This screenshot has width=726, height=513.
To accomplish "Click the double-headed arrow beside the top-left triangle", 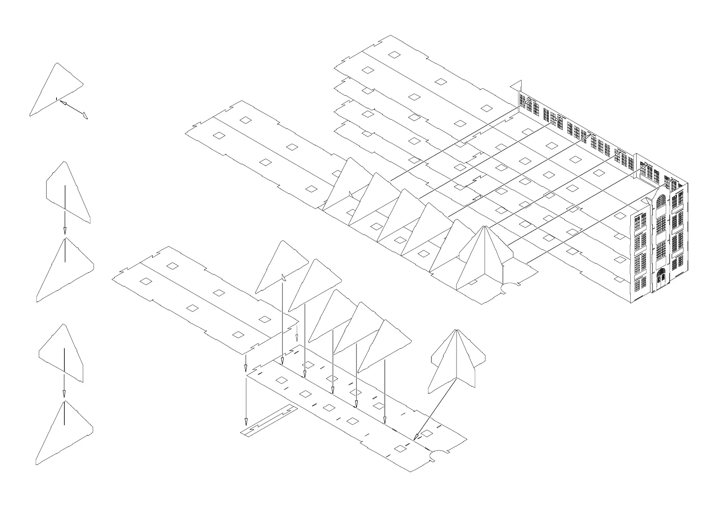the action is pyautogui.click(x=74, y=109).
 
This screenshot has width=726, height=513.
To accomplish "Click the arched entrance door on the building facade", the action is pyautogui.click(x=660, y=278).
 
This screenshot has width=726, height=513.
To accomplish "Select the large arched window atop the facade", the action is pyautogui.click(x=661, y=202).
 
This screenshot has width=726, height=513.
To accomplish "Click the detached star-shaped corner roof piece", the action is pyautogui.click(x=457, y=362).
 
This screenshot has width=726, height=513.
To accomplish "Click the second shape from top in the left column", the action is pyautogui.click(x=67, y=192).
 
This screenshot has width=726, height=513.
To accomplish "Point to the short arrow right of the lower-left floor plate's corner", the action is pyautogui.click(x=297, y=332).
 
